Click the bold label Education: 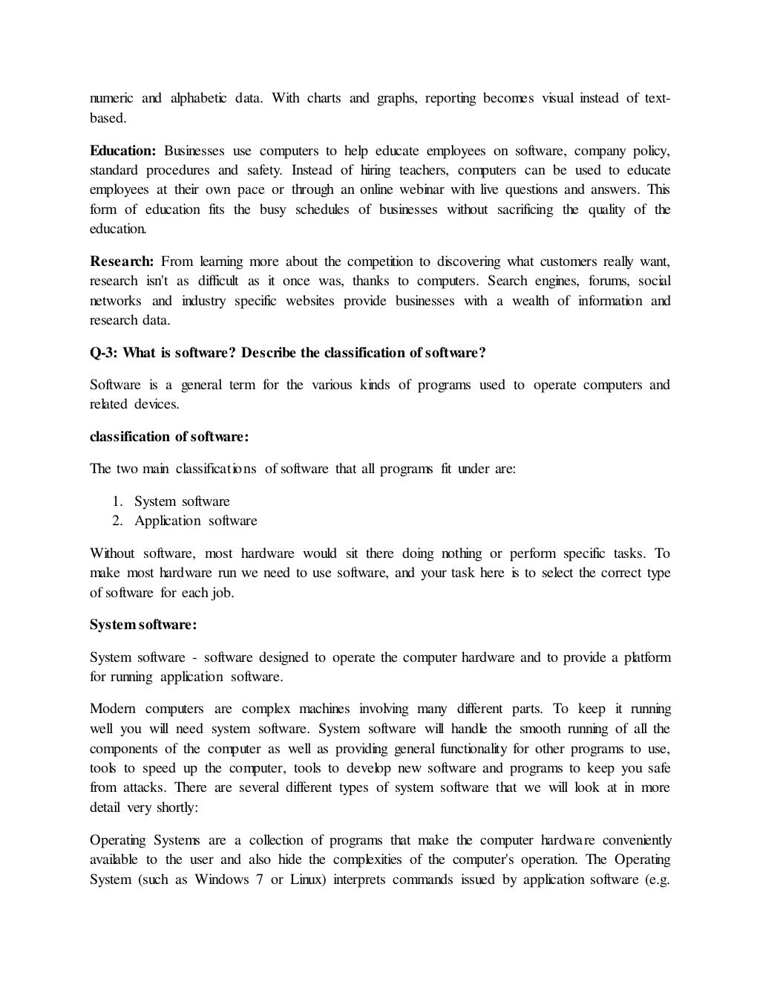tap(122, 152)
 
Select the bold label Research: tap(122, 261)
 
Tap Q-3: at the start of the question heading tap(103, 352)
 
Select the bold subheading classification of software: tap(169, 437)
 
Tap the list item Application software tap(196, 521)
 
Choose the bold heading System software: tap(143, 625)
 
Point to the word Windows tap(221, 880)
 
